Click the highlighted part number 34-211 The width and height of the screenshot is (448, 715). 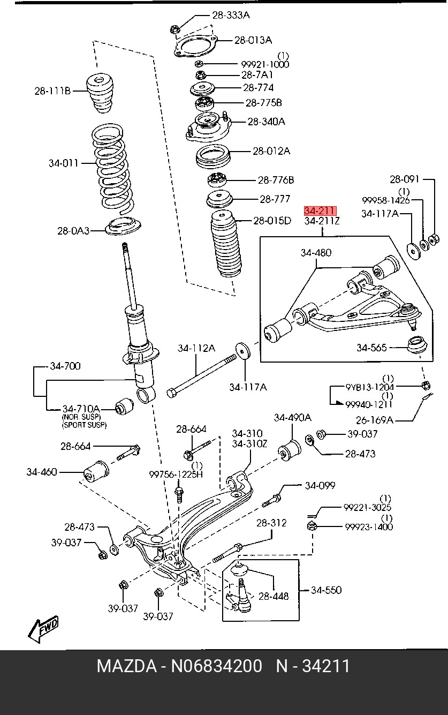320,210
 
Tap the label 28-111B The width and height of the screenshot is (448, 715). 52,91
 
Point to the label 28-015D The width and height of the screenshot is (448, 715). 272,221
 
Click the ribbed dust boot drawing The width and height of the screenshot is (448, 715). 226,244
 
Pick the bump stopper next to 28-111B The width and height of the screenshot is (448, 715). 100,93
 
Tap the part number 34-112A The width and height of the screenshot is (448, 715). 196,348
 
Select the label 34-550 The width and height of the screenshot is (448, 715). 326,590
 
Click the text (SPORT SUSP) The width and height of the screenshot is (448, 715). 84,425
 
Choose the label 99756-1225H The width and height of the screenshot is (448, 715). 176,475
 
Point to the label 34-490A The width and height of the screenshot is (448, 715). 293,418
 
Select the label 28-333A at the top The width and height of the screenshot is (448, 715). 231,15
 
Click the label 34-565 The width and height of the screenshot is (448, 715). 371,348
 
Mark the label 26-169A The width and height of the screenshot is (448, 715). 375,420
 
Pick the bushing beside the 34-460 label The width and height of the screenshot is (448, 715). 96,471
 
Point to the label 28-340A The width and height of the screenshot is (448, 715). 267,122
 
